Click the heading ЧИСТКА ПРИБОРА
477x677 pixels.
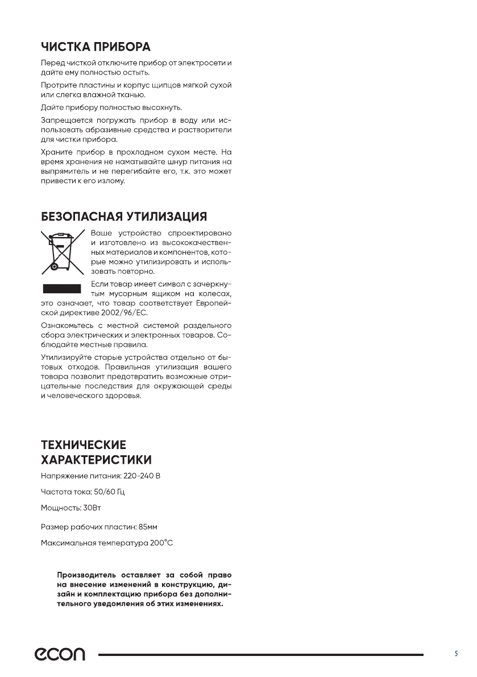click(96, 46)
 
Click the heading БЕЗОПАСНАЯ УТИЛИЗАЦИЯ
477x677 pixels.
click(123, 217)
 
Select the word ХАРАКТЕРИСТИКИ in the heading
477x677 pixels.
click(96, 459)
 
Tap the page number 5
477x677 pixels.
click(456, 654)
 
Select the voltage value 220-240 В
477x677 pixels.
click(142, 475)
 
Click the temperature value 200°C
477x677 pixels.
click(160, 543)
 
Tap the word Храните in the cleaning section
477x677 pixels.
click(56, 152)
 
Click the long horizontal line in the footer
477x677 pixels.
click(261, 655)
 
